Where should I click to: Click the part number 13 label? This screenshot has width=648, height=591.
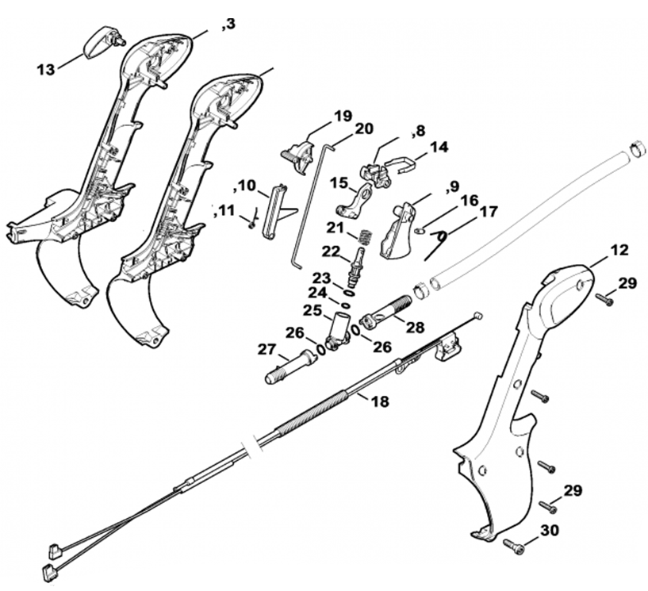click(45, 69)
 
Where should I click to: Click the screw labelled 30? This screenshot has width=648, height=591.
click(514, 545)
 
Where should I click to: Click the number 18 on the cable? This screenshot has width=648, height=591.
click(381, 401)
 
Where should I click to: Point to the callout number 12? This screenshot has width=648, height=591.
click(618, 251)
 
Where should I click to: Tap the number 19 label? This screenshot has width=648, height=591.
click(343, 117)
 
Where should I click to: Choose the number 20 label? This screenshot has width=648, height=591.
click(364, 129)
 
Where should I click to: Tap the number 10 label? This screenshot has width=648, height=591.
click(246, 186)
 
